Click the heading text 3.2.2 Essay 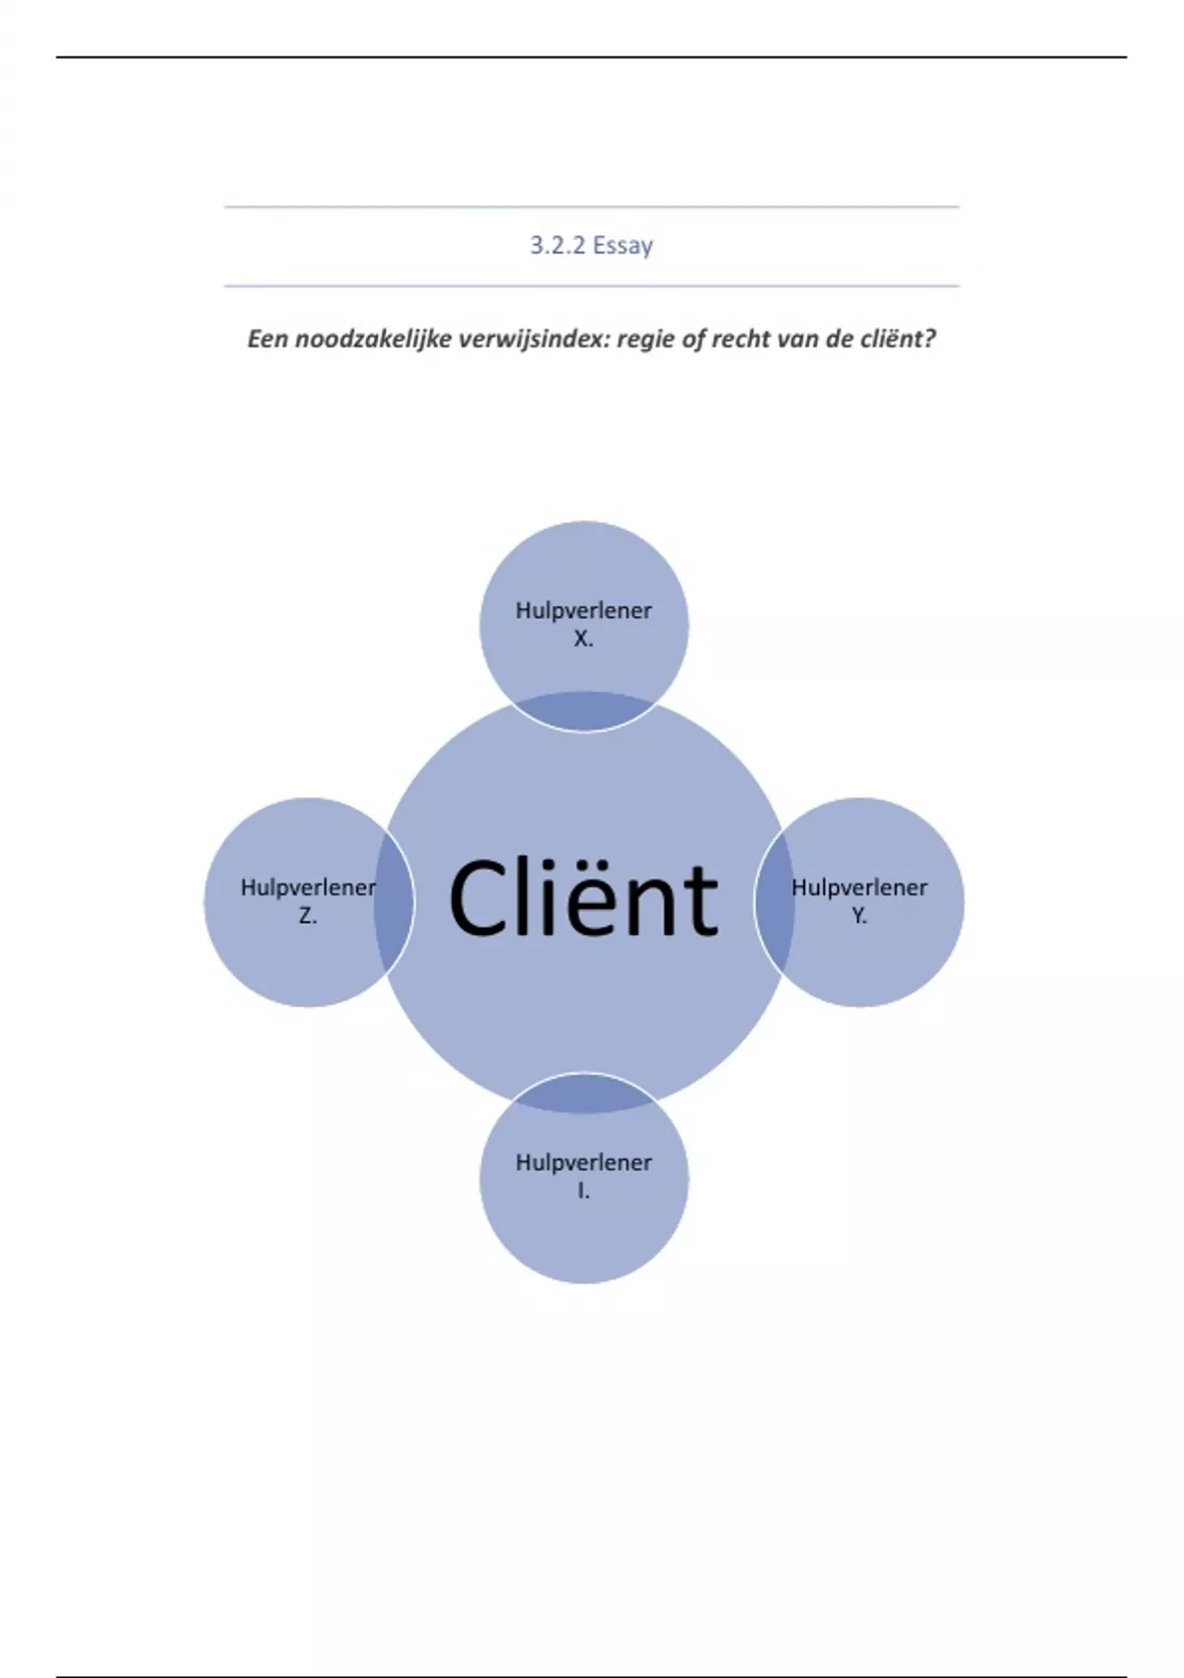click(591, 245)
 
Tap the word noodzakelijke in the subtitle click(374, 339)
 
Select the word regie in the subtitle click(645, 339)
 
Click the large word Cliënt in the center click(583, 899)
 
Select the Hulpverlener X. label click(583, 623)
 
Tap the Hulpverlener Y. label click(859, 900)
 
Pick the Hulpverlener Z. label click(308, 900)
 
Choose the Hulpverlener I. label click(583, 1176)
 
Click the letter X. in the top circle click(583, 639)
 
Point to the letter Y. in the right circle click(859, 916)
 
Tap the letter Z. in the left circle click(308, 916)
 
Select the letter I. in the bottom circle click(583, 1191)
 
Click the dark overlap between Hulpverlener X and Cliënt click(583, 711)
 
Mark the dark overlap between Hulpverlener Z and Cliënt click(394, 900)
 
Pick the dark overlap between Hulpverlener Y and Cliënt click(775, 900)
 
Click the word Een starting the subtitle click(267, 339)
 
